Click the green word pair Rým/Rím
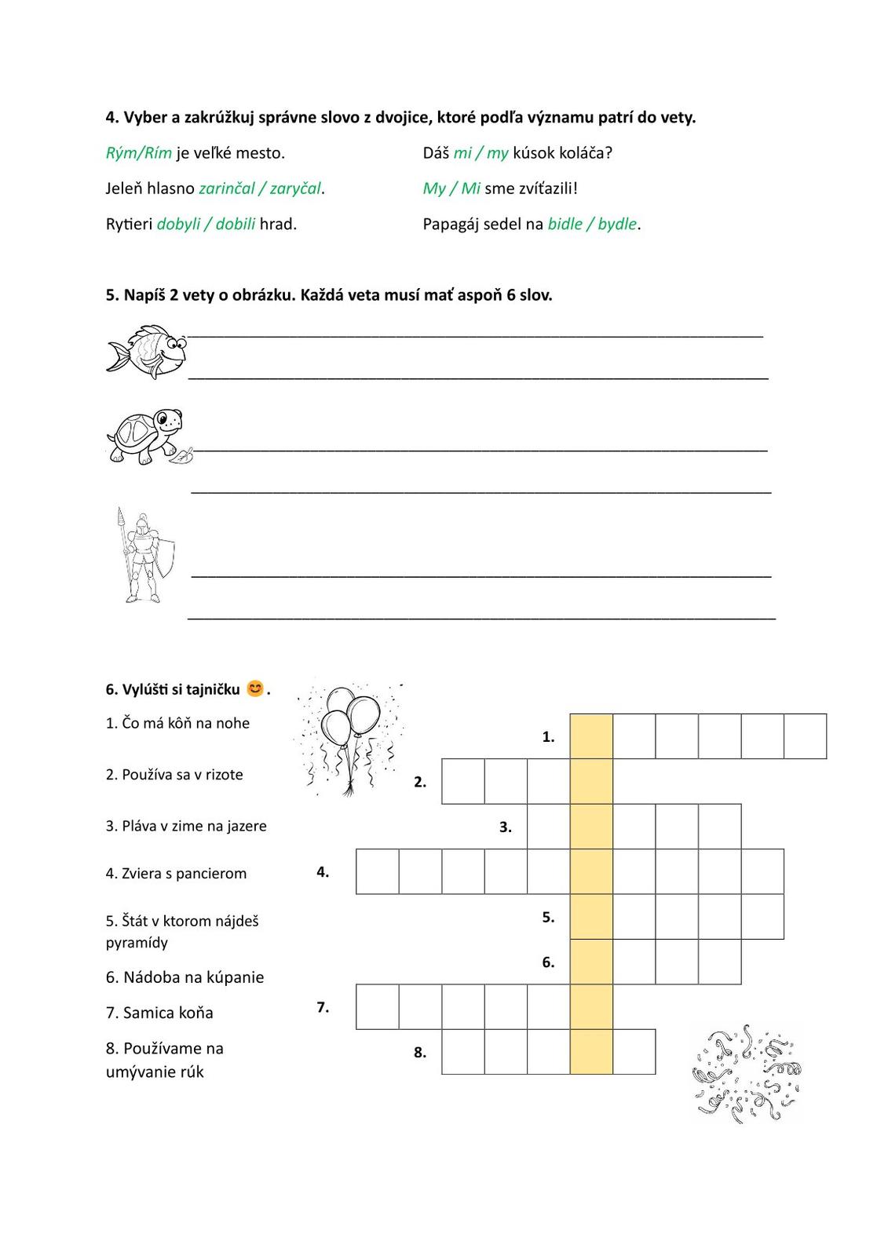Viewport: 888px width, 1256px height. tap(138, 153)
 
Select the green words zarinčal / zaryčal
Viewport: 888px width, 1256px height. tap(260, 188)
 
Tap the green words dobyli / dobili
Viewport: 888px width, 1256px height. tap(206, 224)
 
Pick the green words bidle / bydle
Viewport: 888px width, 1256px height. tap(592, 224)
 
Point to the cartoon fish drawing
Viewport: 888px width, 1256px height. tap(147, 352)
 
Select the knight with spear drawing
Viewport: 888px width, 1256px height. tap(144, 554)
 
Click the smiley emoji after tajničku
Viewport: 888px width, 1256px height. tap(255, 688)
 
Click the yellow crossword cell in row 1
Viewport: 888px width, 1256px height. tap(591, 736)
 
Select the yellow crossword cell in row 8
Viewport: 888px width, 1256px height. tap(591, 1052)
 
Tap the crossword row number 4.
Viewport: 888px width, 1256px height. tap(323, 871)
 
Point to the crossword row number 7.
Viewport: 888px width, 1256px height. tap(323, 1007)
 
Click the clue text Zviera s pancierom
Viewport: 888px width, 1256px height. tap(177, 873)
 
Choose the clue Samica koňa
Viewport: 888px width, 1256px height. tap(159, 1013)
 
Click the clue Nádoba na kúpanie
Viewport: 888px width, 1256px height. tap(185, 977)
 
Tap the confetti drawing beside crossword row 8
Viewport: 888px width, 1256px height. tap(747, 1073)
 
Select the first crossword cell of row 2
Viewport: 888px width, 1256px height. tap(463, 781)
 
